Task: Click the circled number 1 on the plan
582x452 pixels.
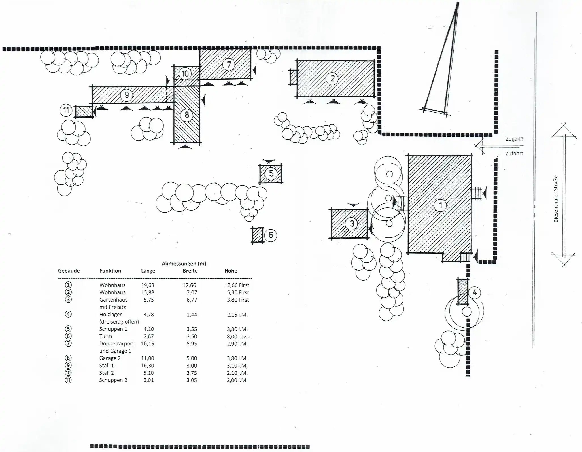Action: (x=440, y=205)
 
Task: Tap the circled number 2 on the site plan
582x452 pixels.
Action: (x=332, y=78)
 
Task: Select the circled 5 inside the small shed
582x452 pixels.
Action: (x=271, y=173)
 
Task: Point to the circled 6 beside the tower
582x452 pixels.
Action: (x=271, y=235)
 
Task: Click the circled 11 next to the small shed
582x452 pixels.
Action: (x=66, y=110)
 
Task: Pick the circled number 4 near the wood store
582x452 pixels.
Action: (x=475, y=292)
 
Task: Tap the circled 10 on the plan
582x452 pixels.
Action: (x=185, y=74)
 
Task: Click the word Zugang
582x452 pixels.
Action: (x=514, y=139)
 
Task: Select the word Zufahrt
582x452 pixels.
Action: (x=514, y=154)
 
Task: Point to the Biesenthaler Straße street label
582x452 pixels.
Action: (x=556, y=199)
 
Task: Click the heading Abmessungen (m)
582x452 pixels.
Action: (x=184, y=264)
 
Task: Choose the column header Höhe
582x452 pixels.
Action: (x=231, y=271)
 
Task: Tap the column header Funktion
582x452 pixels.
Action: (x=110, y=271)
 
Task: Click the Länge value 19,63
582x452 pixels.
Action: (x=148, y=285)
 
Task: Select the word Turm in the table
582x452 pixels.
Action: (x=106, y=336)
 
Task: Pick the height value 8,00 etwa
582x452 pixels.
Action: (x=238, y=336)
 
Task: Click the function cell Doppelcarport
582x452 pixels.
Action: (x=116, y=344)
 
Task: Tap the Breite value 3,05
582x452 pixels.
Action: (x=192, y=380)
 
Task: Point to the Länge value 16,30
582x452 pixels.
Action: (x=148, y=366)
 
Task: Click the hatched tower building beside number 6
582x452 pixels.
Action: (x=258, y=235)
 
